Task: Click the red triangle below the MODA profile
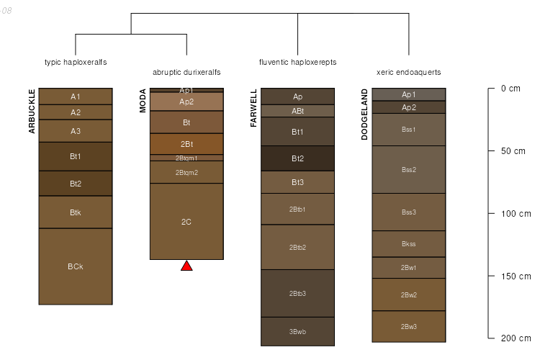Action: point(186,266)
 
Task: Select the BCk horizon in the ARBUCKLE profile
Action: point(76,266)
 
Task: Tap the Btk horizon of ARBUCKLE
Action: point(76,212)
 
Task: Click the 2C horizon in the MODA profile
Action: point(186,222)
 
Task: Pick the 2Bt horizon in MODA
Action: point(186,144)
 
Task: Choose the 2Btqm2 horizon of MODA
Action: point(186,172)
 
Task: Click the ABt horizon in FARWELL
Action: point(297,111)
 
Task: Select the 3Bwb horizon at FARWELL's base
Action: point(297,332)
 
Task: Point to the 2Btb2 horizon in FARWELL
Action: point(297,247)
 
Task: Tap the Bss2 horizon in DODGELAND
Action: point(409,170)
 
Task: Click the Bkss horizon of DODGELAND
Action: point(409,244)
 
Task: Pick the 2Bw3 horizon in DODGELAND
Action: point(409,327)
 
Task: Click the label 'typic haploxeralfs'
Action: point(76,63)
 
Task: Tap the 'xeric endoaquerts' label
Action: point(409,73)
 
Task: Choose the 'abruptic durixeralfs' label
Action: point(186,73)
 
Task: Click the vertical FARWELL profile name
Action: point(253,109)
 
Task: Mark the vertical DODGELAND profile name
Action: point(365,117)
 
